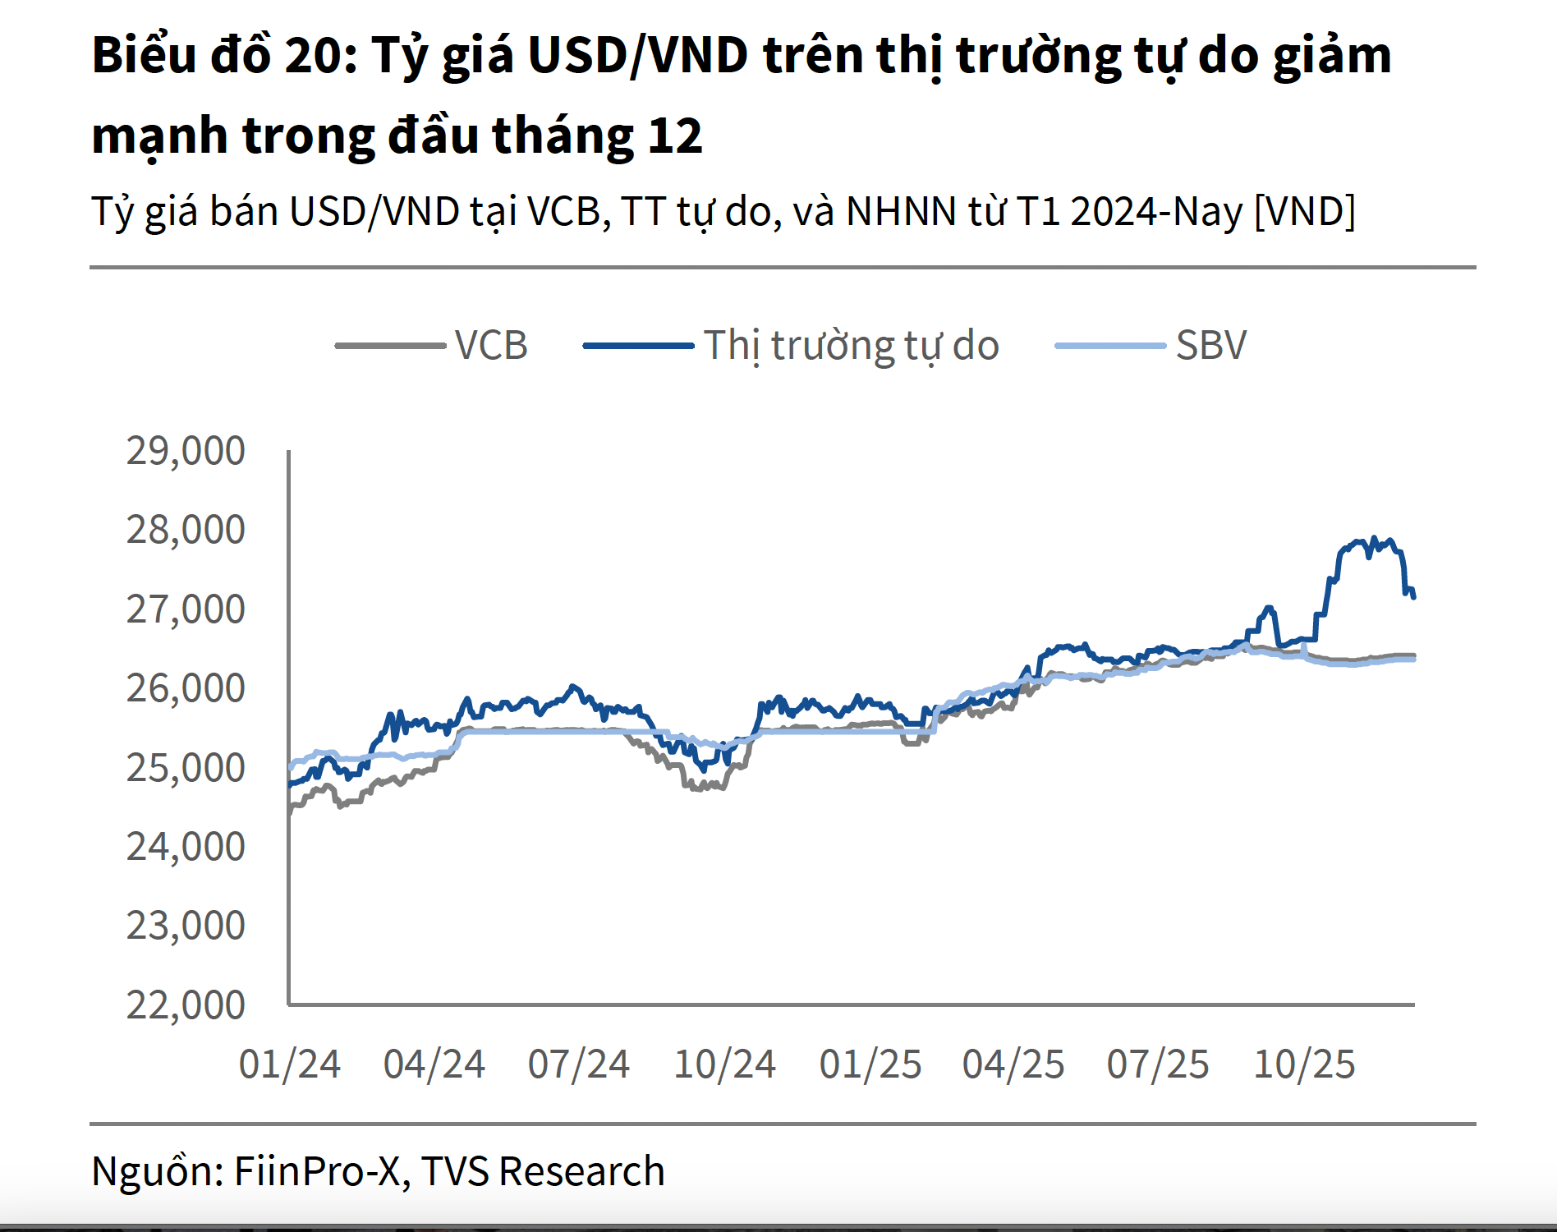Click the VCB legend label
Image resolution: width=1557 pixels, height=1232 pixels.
490,345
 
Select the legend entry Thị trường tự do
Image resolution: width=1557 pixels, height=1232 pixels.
851,345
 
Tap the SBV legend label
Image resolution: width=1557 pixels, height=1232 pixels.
1211,345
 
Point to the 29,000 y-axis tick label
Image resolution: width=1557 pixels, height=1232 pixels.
186,451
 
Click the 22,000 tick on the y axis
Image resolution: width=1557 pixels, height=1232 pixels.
186,1004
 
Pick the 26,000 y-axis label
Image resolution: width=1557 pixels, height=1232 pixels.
186,688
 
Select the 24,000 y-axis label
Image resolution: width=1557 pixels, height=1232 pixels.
186,846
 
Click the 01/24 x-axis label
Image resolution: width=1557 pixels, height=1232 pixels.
289,1064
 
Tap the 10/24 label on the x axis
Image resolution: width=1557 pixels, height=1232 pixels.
724,1064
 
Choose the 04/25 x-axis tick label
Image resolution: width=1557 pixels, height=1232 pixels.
1013,1064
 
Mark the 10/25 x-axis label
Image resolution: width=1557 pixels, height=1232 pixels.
1304,1064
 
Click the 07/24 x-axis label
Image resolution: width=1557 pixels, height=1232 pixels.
578,1064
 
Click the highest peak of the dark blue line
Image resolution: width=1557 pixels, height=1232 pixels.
1375,538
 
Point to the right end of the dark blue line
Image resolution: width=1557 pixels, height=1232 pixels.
1413,597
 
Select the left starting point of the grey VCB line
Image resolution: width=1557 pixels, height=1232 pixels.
290,811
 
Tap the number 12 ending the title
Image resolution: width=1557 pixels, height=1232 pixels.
675,136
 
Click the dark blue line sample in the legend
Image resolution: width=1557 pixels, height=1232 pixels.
638,346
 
